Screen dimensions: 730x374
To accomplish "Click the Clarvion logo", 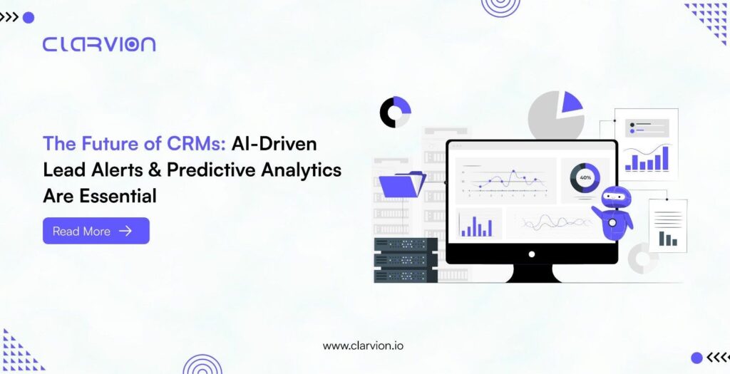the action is tap(98, 44).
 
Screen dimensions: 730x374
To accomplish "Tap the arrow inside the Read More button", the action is tap(125, 231).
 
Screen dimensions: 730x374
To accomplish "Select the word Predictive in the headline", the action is tap(211, 170).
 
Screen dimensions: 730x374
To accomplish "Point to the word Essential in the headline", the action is tap(118, 196).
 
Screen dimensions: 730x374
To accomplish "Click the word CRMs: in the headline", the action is tap(197, 144).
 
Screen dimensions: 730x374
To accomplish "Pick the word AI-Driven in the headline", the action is tap(274, 144).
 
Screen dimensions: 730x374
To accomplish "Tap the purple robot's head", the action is tap(615, 198).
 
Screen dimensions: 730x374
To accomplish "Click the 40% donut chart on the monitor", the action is tap(585, 177).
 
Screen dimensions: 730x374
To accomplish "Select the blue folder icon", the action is tap(402, 185).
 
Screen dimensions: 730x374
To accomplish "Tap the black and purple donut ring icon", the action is tap(395, 112).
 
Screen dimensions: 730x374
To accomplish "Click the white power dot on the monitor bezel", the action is tap(532, 254).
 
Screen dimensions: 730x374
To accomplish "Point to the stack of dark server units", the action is tap(406, 260).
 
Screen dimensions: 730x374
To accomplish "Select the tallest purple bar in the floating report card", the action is tap(665, 158).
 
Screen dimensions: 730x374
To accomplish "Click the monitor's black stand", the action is tap(532, 274).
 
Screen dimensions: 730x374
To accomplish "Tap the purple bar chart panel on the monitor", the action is tap(478, 223).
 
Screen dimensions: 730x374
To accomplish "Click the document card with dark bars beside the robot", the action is tap(667, 226).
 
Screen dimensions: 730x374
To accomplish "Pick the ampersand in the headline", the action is tap(155, 170).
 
